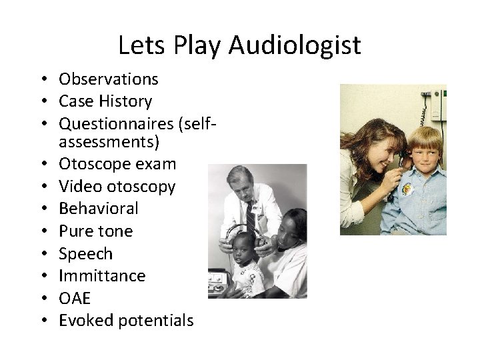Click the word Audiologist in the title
click(294, 45)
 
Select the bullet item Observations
click(109, 79)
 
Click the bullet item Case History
click(105, 101)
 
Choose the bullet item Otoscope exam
click(117, 165)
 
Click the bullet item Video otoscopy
click(117, 187)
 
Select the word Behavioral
click(99, 209)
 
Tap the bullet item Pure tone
click(96, 231)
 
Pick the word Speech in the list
click(86, 254)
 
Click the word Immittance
click(102, 276)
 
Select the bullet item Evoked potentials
click(126, 321)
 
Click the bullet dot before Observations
click(49, 80)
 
